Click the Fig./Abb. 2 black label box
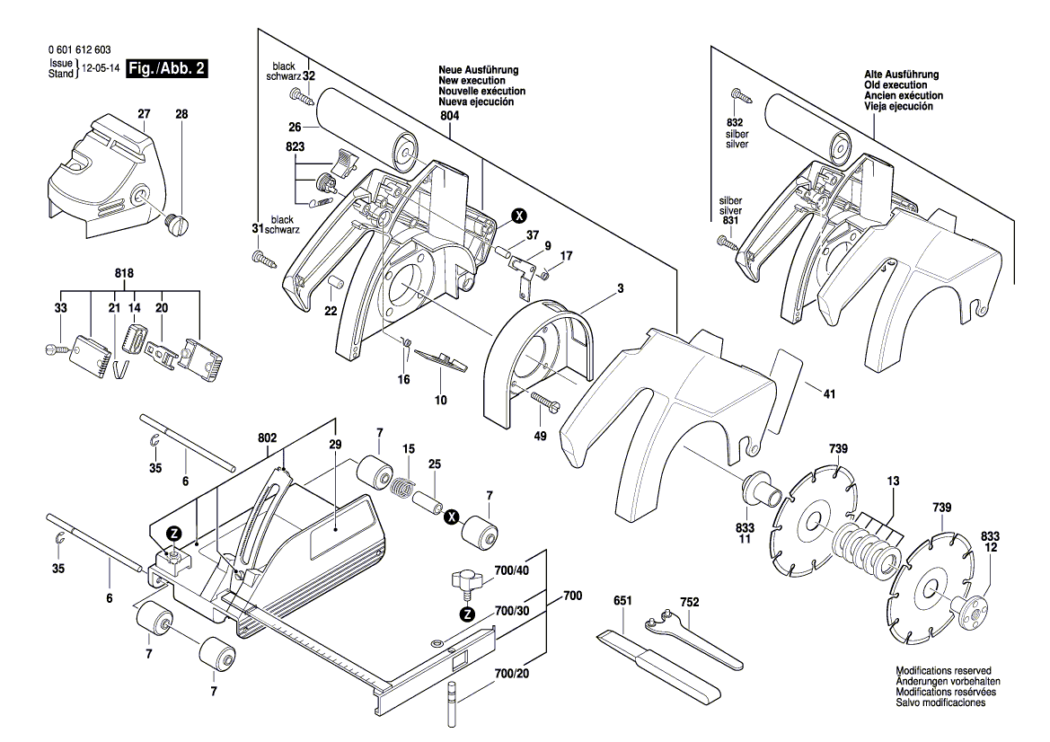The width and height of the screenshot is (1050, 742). tap(167, 69)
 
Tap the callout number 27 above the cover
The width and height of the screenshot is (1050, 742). tap(144, 114)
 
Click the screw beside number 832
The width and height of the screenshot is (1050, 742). tap(737, 93)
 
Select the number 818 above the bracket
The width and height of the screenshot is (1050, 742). tap(124, 272)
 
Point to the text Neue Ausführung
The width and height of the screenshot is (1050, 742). tap(478, 69)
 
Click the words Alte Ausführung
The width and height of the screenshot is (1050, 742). tap(901, 74)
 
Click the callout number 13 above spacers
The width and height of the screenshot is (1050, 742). tap(892, 481)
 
